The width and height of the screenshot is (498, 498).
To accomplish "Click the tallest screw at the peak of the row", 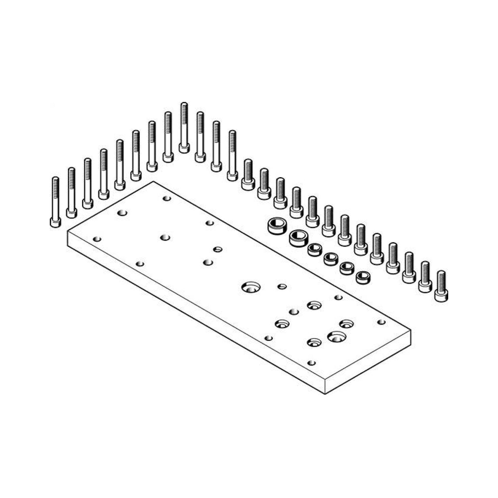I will tap(184, 127).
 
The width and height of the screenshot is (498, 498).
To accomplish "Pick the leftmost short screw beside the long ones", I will tap(248, 175).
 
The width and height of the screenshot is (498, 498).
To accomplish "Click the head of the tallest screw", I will tap(184, 148).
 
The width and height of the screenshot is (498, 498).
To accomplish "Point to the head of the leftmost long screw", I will tap(55, 222).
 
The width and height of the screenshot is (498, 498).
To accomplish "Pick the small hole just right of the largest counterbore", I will tap(282, 286).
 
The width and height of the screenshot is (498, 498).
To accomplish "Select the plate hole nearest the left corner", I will tap(97, 239).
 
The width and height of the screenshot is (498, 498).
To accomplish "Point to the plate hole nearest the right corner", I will tap(381, 322).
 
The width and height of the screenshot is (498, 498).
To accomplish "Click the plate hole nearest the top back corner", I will tap(167, 198).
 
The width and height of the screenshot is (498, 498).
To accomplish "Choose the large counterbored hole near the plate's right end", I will tap(337, 336).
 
